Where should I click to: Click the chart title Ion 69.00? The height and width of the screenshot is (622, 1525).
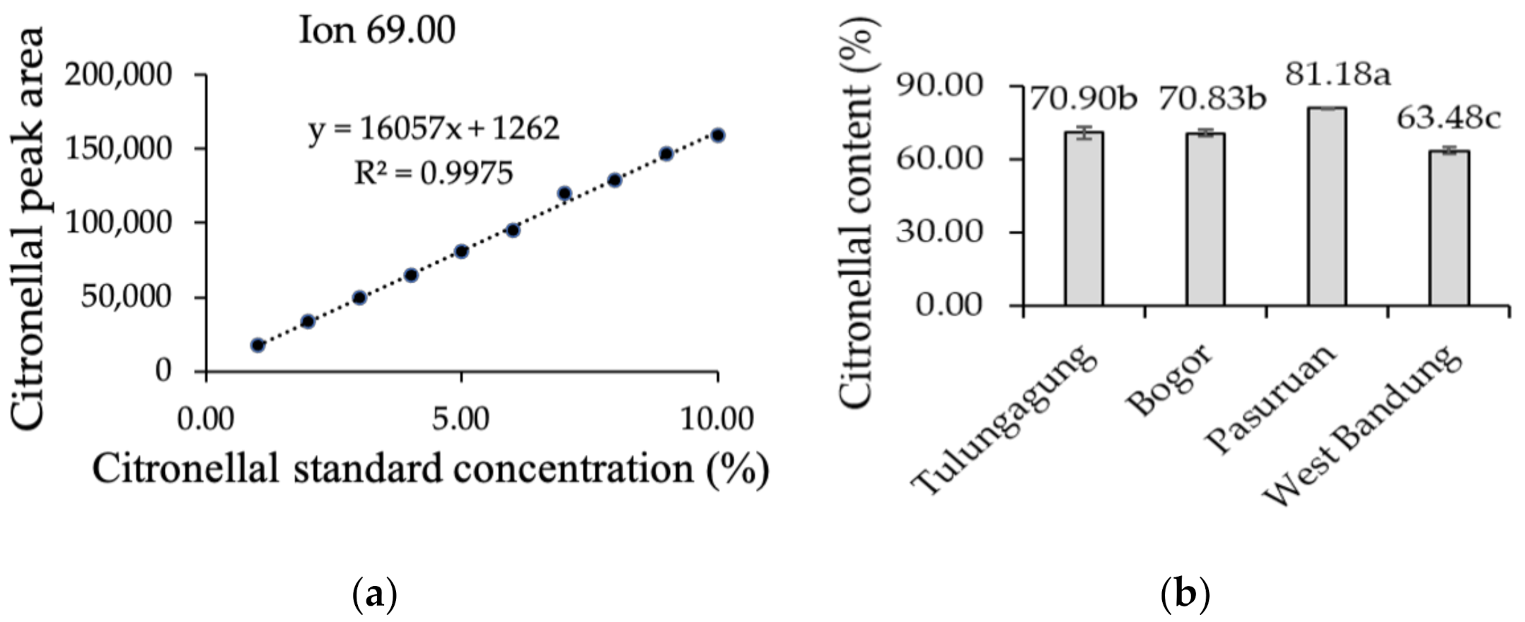click(x=377, y=31)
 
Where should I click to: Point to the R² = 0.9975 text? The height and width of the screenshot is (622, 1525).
click(x=433, y=172)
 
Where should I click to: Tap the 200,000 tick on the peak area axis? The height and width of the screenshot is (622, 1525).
click(x=118, y=74)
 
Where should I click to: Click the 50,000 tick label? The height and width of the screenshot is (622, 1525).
click(x=126, y=296)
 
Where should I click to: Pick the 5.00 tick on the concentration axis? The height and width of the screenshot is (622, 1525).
click(x=461, y=419)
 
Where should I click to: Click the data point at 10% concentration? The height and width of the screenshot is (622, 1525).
click(x=717, y=135)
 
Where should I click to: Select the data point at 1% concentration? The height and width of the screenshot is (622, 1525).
click(x=257, y=345)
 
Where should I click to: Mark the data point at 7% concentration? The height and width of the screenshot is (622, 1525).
click(x=564, y=192)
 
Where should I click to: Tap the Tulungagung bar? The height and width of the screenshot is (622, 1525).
click(x=1083, y=219)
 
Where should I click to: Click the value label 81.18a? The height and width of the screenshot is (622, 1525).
click(x=1338, y=74)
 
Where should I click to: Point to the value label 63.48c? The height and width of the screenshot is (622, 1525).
click(x=1448, y=118)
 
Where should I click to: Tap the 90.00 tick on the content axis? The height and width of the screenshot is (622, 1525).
click(x=950, y=86)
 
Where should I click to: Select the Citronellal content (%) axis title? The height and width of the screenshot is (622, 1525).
click(x=858, y=212)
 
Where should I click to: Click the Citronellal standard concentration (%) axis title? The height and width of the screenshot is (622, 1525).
click(x=430, y=469)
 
